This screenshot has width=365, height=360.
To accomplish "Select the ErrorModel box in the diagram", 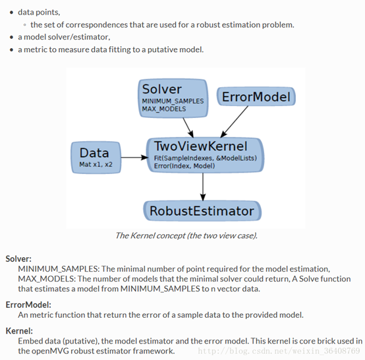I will click(x=256, y=98).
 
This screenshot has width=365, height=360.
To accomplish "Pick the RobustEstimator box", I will click(x=202, y=212).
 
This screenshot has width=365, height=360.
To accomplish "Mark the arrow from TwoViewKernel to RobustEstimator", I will click(x=202, y=187).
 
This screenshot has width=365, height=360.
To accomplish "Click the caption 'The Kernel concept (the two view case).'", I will click(x=186, y=235).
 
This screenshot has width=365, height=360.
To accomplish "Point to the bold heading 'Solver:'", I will click(x=18, y=259).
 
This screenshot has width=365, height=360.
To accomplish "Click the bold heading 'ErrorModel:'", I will click(x=28, y=305).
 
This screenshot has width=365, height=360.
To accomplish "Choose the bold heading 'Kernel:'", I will click(x=20, y=330).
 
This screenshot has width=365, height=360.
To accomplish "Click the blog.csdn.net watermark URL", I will click(x=281, y=352).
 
